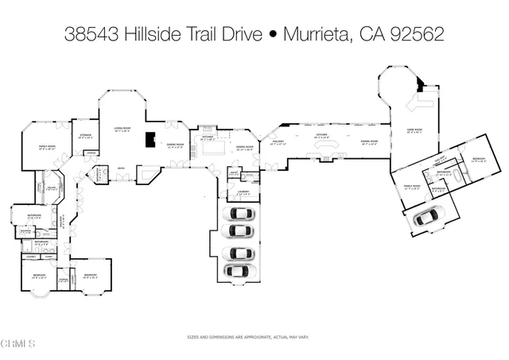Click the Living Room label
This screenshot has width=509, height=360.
click(x=122, y=128)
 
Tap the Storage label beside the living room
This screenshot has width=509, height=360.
click(x=84, y=135)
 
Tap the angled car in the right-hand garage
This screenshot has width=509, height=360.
click(x=429, y=215)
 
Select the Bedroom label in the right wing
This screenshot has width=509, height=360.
click(x=478, y=159)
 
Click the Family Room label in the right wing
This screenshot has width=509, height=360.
click(x=411, y=187)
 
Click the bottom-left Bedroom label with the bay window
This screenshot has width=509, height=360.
click(x=38, y=277)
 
